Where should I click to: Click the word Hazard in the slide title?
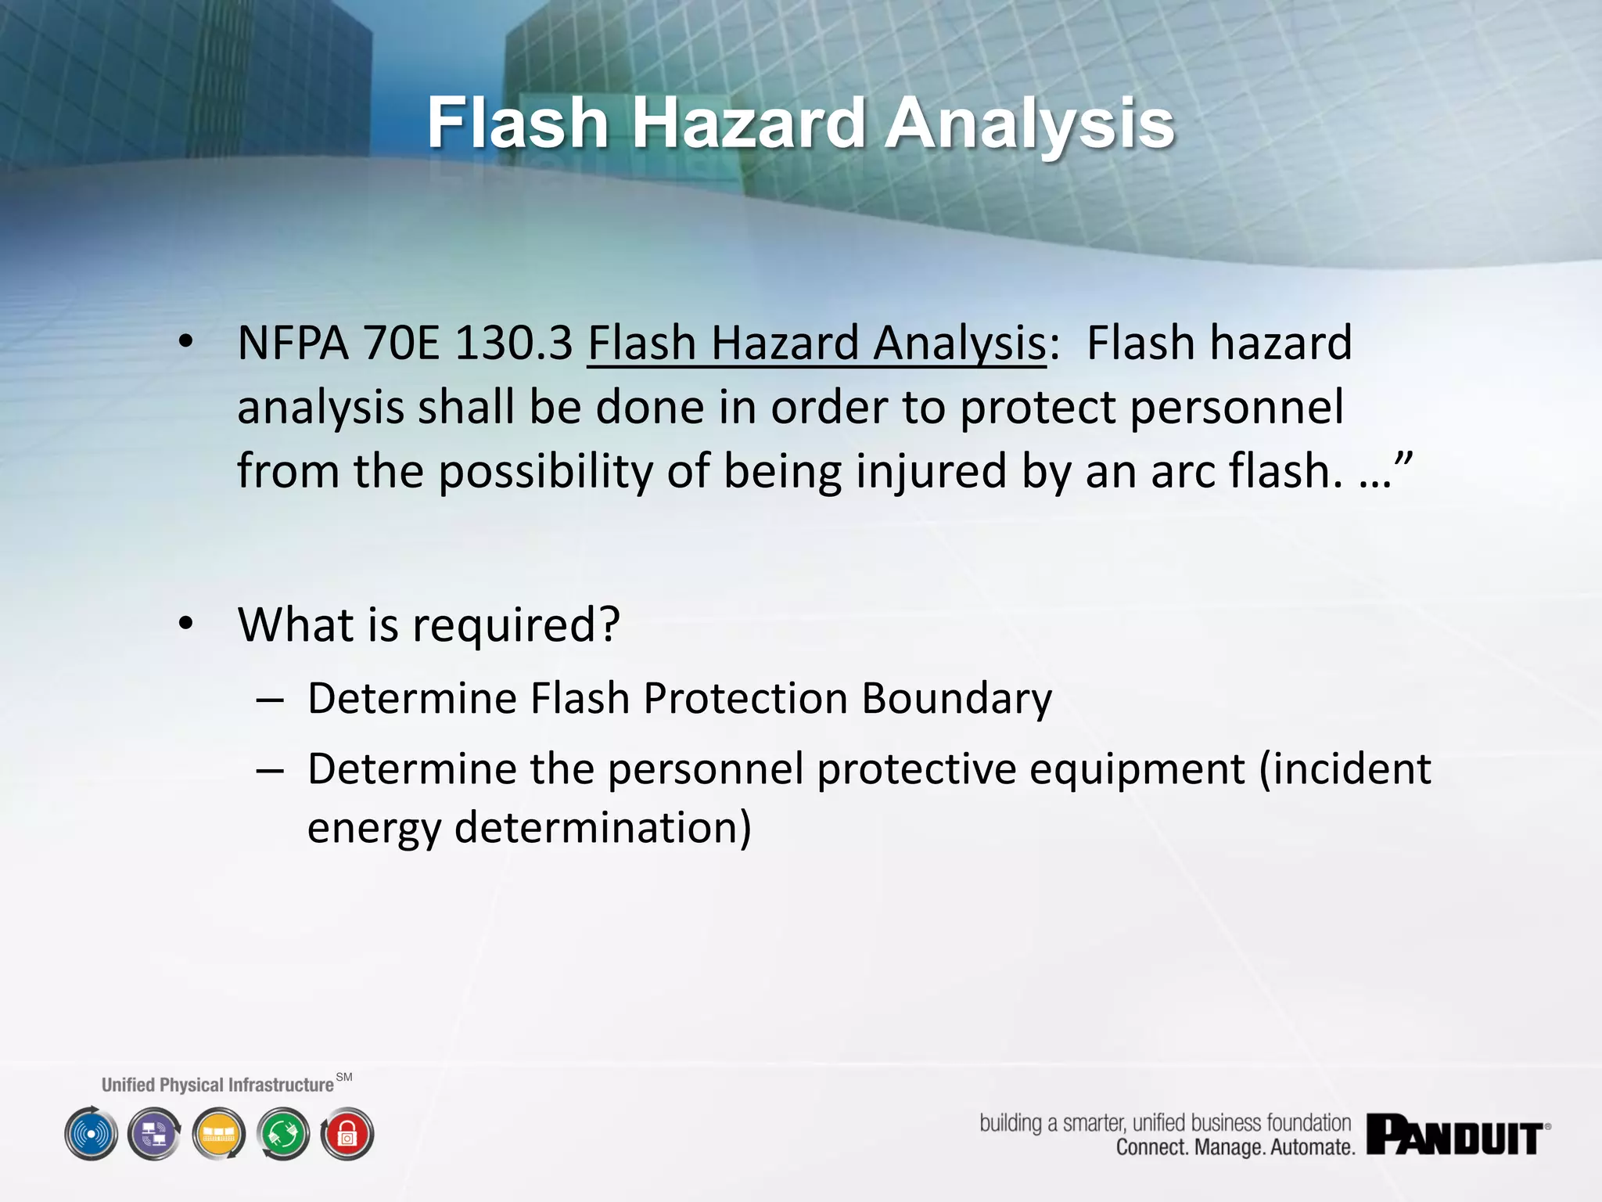(747, 124)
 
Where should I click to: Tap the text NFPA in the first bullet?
(292, 344)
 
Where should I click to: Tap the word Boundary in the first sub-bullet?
(956, 698)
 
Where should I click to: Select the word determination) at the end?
(602, 828)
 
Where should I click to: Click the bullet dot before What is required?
(185, 624)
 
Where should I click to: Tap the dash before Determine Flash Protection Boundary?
(269, 700)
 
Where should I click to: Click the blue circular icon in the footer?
(92, 1134)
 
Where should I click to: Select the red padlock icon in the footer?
(347, 1134)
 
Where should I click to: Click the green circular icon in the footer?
(283, 1134)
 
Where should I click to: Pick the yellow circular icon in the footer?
(219, 1134)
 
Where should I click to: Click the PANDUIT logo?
(1457, 1135)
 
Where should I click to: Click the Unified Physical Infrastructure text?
(217, 1085)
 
